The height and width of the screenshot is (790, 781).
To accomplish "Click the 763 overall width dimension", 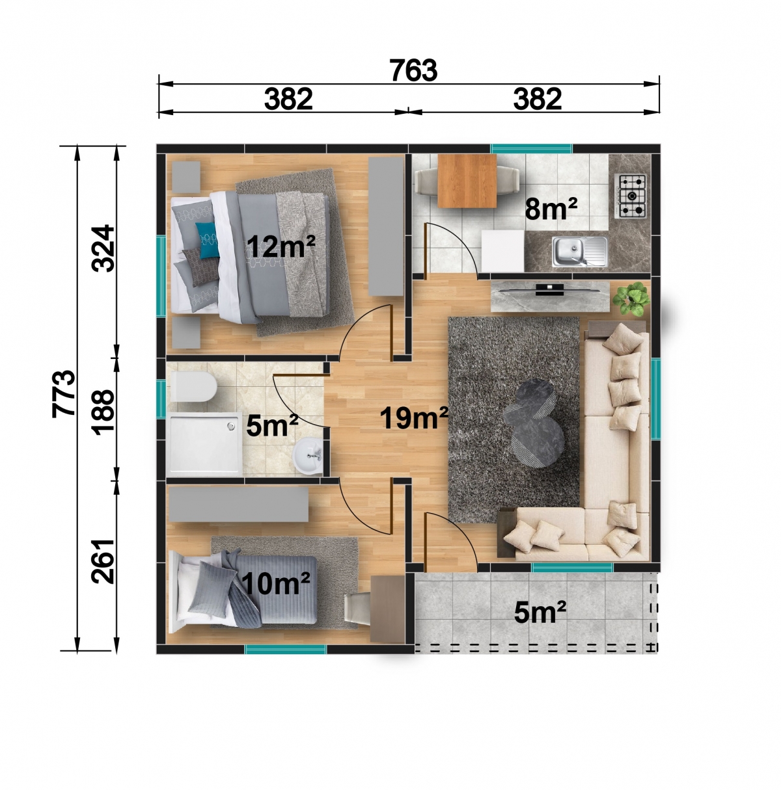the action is [413, 70].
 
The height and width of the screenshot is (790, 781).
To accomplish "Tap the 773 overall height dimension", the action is [64, 393].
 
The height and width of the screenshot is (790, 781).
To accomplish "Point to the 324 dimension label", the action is [103, 248].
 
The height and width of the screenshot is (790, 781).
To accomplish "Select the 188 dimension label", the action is [103, 412].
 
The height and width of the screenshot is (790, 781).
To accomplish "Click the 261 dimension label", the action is [103, 561].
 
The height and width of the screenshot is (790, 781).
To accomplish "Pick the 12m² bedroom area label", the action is [281, 247].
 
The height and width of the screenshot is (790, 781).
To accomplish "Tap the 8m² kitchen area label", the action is [551, 209].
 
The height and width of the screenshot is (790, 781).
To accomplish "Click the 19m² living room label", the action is [415, 417].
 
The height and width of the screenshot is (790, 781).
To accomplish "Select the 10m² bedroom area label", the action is [276, 583].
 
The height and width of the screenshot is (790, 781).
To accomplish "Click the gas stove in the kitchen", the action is [630, 196].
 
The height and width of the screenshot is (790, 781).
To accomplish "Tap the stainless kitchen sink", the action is [579, 251].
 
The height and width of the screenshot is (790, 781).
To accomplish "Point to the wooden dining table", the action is [467, 180].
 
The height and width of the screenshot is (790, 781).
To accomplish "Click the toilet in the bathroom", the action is [193, 387].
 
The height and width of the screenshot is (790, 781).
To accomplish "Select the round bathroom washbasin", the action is [308, 456].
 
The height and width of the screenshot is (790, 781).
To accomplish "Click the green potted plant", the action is [631, 299].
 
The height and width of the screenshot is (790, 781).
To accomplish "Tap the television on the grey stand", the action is [549, 290].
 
